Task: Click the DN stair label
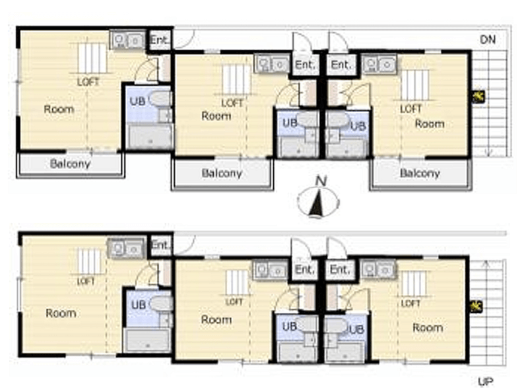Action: pos(488,40)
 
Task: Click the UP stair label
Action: pos(486,381)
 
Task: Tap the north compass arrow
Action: pos(317,205)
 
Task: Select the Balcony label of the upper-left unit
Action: pos(71,164)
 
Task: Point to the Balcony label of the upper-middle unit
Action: pos(222,173)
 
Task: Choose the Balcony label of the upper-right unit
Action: pos(420,173)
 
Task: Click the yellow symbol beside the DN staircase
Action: pos(477,97)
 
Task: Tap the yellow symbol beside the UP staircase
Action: pos(476,306)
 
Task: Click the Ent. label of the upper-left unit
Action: pos(159,40)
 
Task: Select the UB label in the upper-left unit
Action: pos(137,101)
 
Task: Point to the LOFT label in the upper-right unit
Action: pos(411,109)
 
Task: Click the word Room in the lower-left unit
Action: pos(61,313)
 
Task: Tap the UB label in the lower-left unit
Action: pos(139,305)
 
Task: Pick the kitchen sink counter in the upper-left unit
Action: pos(127,40)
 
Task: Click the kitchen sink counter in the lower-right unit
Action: pos(378,269)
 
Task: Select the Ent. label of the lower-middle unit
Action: pos(305,269)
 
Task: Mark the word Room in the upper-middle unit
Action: pos(216,116)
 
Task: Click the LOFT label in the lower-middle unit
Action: pos(234,302)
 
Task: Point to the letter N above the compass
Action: pos(321,181)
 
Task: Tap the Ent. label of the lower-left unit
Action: pos(160,245)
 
